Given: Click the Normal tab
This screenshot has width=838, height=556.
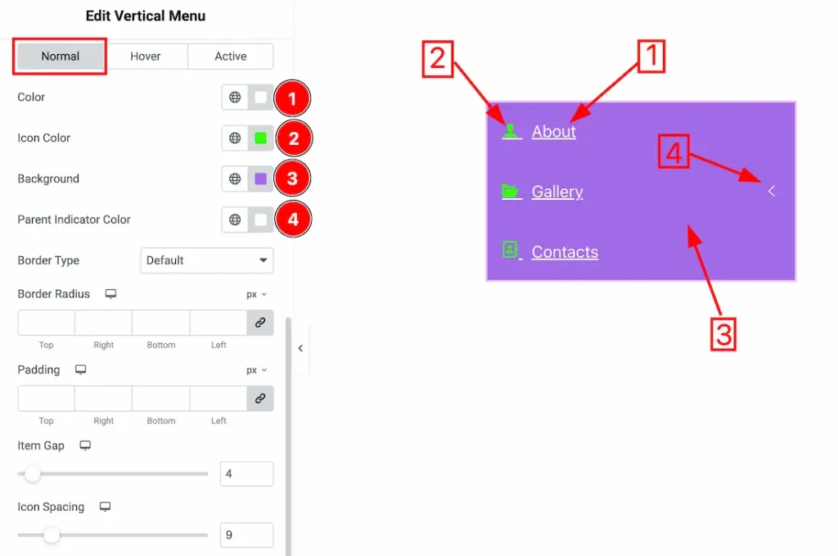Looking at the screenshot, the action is [x=61, y=57].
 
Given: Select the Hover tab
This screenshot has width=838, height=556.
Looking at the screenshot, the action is [x=146, y=57].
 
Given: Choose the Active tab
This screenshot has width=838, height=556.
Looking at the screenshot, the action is [x=230, y=57].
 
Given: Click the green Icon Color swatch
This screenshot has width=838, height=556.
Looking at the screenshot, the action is [x=261, y=138].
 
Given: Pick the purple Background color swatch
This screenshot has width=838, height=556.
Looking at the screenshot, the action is [x=261, y=179].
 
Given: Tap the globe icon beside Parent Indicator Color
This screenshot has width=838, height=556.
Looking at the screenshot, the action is [x=235, y=219].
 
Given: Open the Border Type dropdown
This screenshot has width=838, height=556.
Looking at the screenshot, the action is [x=207, y=260].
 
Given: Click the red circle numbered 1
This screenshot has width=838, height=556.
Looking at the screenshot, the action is [x=292, y=98].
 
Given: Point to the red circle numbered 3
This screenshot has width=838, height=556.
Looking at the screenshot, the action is [x=292, y=179].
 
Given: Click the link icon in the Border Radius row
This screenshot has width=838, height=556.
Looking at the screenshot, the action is [x=260, y=323].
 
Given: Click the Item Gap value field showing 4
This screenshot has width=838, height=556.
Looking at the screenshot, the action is [x=246, y=473].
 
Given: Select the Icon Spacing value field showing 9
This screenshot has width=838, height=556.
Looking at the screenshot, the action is [x=246, y=535].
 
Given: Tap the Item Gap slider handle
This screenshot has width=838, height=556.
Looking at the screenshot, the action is [x=33, y=473].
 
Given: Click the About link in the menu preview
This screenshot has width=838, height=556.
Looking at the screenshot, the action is [x=554, y=132].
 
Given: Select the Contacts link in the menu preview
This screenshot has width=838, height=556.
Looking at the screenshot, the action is [x=565, y=252].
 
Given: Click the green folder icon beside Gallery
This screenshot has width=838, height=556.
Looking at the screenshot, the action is [x=511, y=191].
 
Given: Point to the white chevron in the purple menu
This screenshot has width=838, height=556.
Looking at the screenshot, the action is [x=771, y=191].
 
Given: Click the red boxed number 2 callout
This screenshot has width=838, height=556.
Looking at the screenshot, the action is [x=438, y=59].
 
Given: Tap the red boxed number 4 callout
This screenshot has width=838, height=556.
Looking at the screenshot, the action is [x=674, y=151].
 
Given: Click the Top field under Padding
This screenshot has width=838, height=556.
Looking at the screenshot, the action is [x=46, y=398].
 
